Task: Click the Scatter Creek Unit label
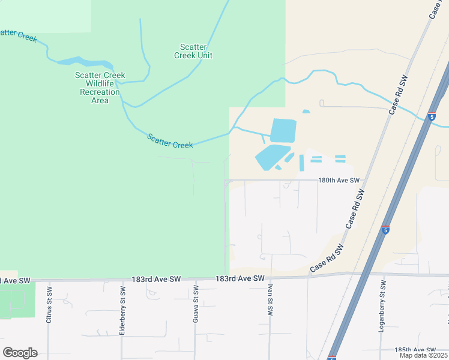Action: point(193,51)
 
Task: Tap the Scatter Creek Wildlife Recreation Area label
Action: point(100,88)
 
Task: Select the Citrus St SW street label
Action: point(50,304)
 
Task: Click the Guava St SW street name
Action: point(196,305)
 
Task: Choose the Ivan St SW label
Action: point(270,301)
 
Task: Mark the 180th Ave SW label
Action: point(339,180)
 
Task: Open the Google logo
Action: point(20,353)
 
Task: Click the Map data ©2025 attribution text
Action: point(423,355)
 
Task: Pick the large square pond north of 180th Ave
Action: point(283,130)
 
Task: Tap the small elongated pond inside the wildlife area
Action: point(84,62)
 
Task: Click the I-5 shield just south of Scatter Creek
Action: point(432,116)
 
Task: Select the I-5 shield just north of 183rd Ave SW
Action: point(385,229)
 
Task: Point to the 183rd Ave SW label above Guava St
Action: point(156,280)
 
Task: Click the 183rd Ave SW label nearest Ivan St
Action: point(240,279)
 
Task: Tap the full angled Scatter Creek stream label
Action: point(170,141)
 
